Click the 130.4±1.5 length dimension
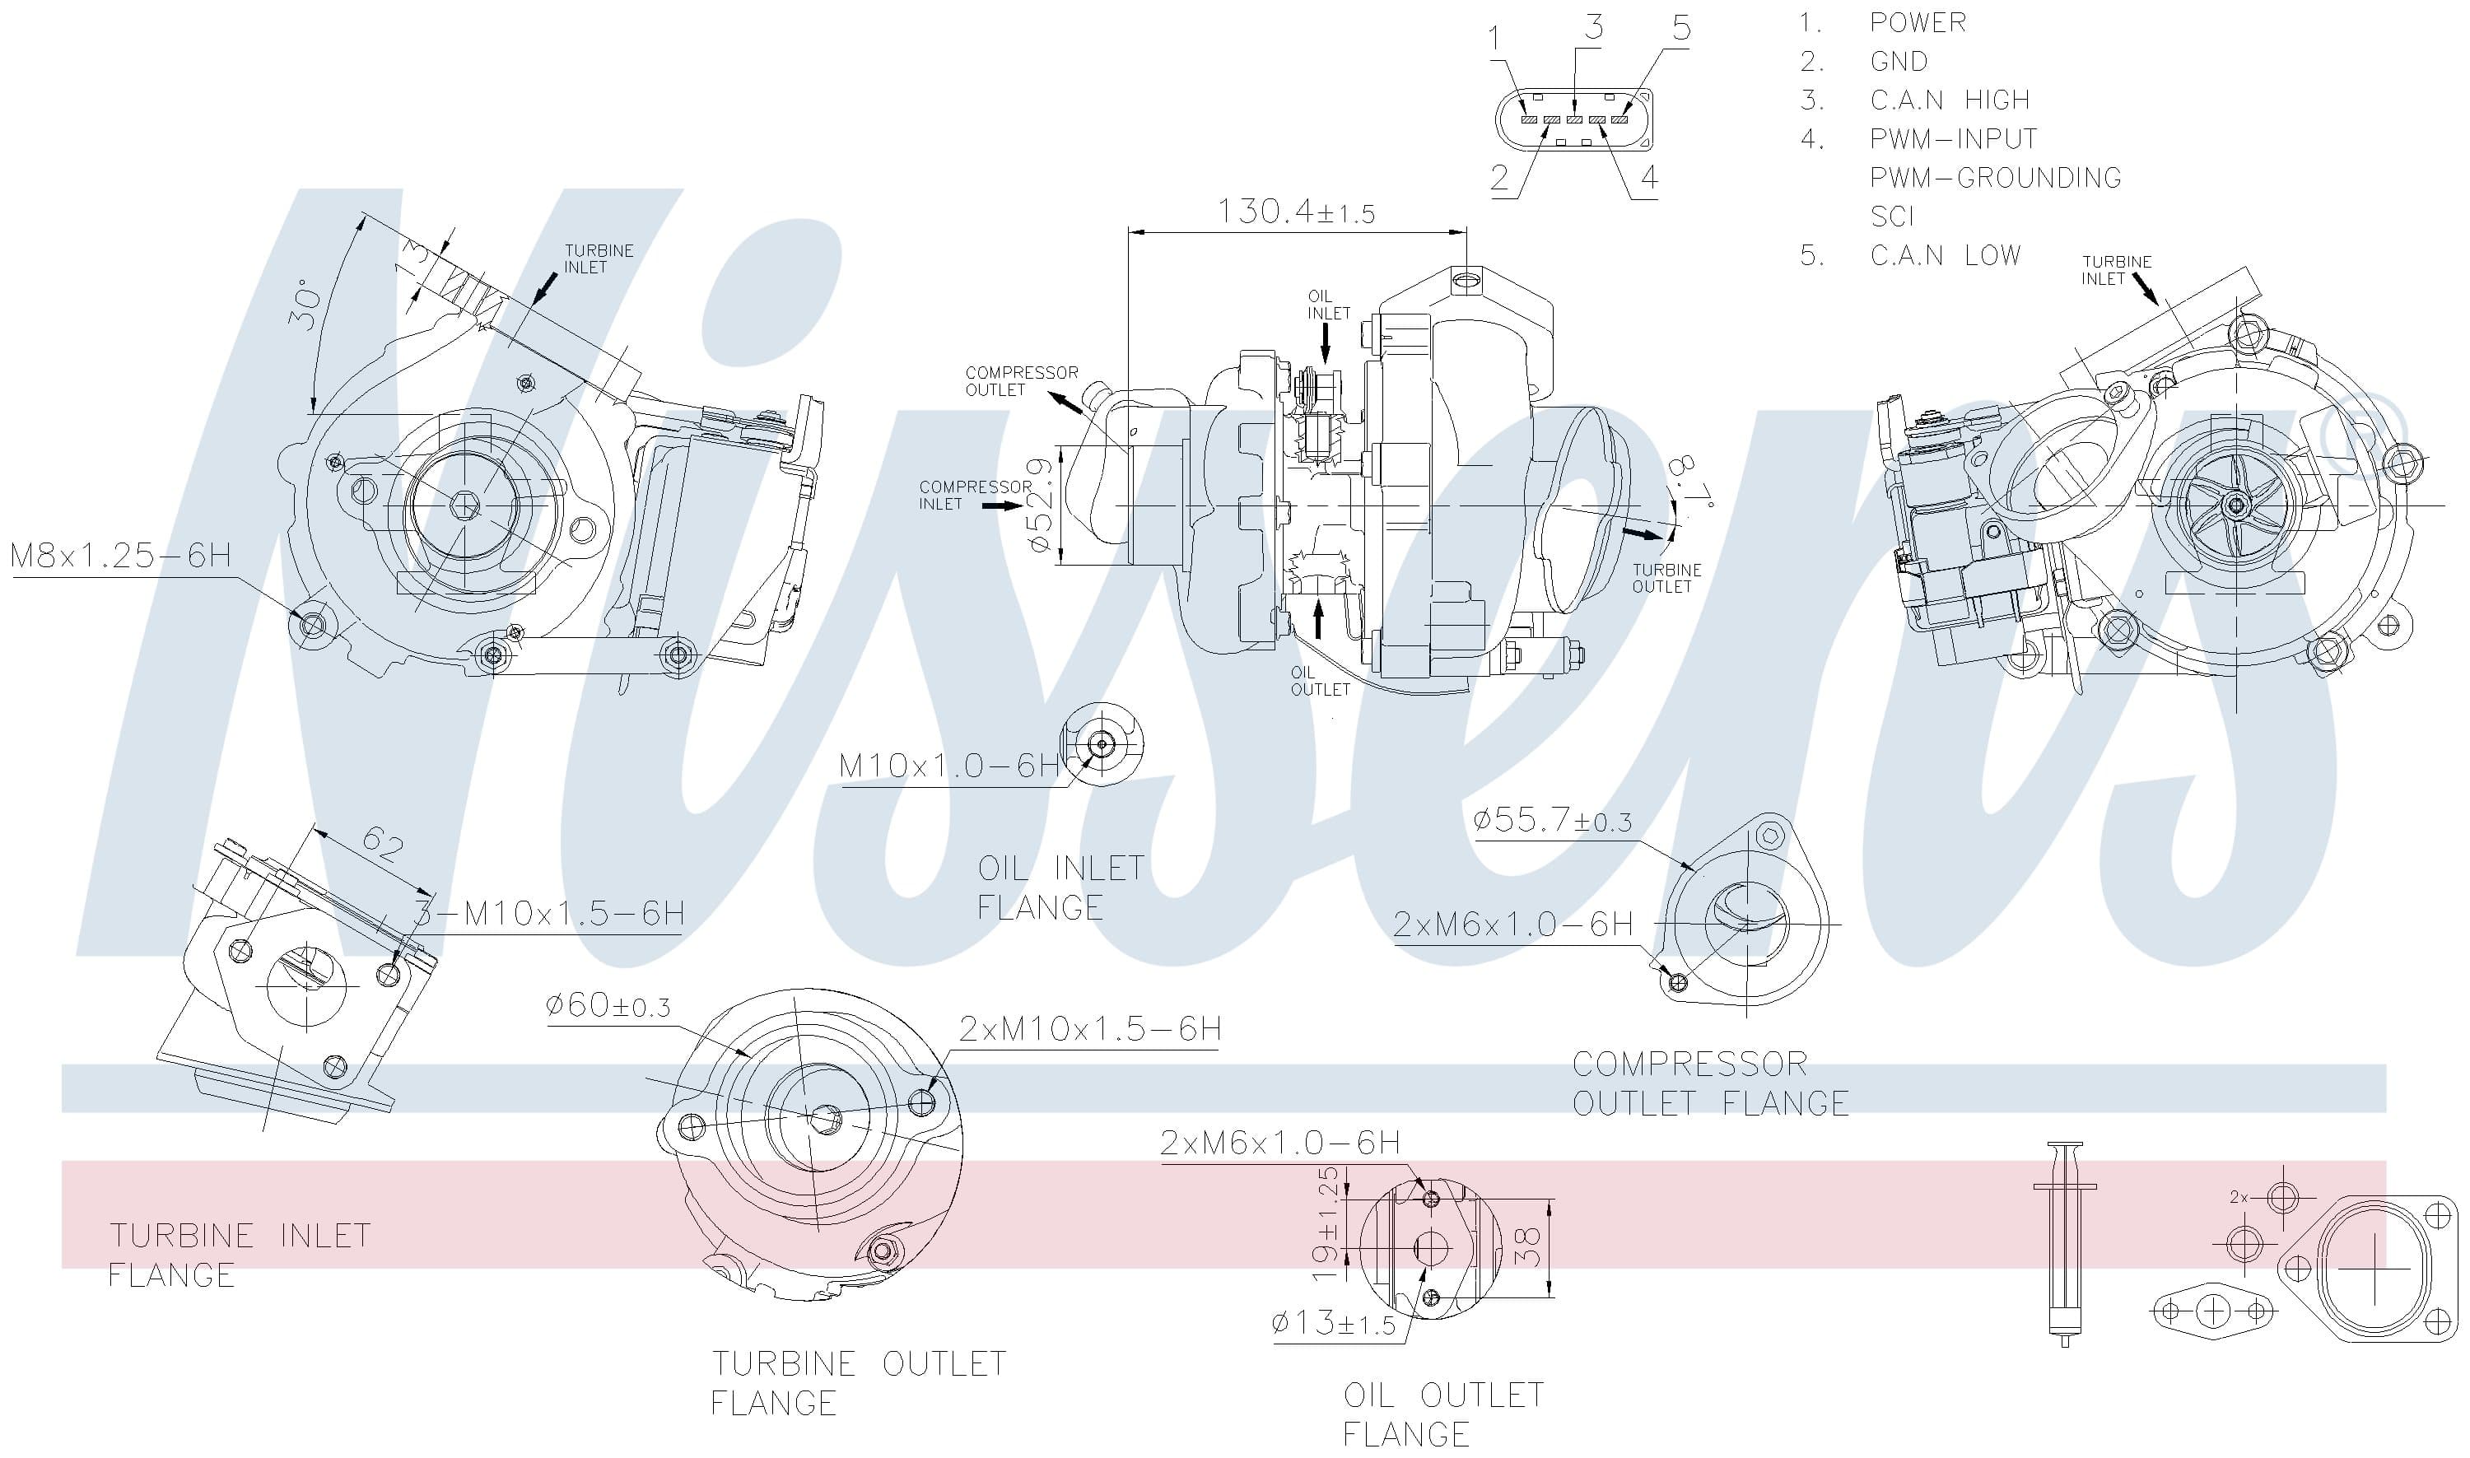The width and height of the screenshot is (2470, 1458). pyautogui.click(x=1297, y=212)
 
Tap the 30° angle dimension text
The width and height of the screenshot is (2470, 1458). pyautogui.click(x=305, y=305)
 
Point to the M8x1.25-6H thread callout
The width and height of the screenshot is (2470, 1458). pyautogui.click(x=120, y=556)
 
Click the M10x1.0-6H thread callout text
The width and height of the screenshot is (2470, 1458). pyautogui.click(x=949, y=766)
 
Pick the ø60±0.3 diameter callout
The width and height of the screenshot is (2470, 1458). pyautogui.click(x=608, y=1006)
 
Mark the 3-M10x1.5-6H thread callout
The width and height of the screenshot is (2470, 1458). pyautogui.click(x=548, y=914)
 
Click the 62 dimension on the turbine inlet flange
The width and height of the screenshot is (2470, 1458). pyautogui.click(x=382, y=843)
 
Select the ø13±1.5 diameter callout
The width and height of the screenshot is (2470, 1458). pyautogui.click(x=1333, y=1325)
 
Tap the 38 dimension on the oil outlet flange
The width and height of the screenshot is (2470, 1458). pyautogui.click(x=1531, y=1246)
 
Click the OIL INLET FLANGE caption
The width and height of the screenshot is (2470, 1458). pyautogui.click(x=1060, y=887)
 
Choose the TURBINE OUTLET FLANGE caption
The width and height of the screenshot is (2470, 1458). pyautogui.click(x=859, y=1383)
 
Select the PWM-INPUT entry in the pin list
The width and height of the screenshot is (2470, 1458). pyautogui.click(x=1953, y=138)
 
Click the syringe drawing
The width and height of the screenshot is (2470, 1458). pyautogui.click(x=2063, y=1243)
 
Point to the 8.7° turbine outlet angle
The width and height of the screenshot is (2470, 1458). pyautogui.click(x=1693, y=483)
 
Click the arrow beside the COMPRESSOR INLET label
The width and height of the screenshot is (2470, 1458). pyautogui.click(x=1002, y=505)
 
